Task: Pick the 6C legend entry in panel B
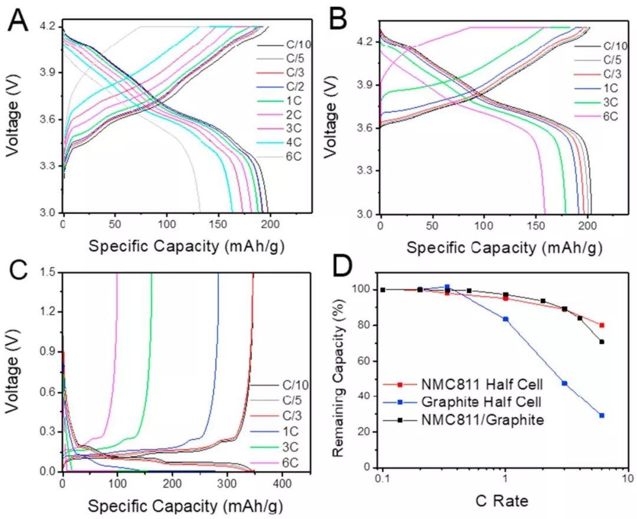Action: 610,116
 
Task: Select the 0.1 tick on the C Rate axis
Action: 382,478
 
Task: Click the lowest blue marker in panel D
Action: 602,415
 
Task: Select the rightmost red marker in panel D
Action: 602,325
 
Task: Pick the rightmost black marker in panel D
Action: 602,341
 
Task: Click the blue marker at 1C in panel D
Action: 505,319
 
